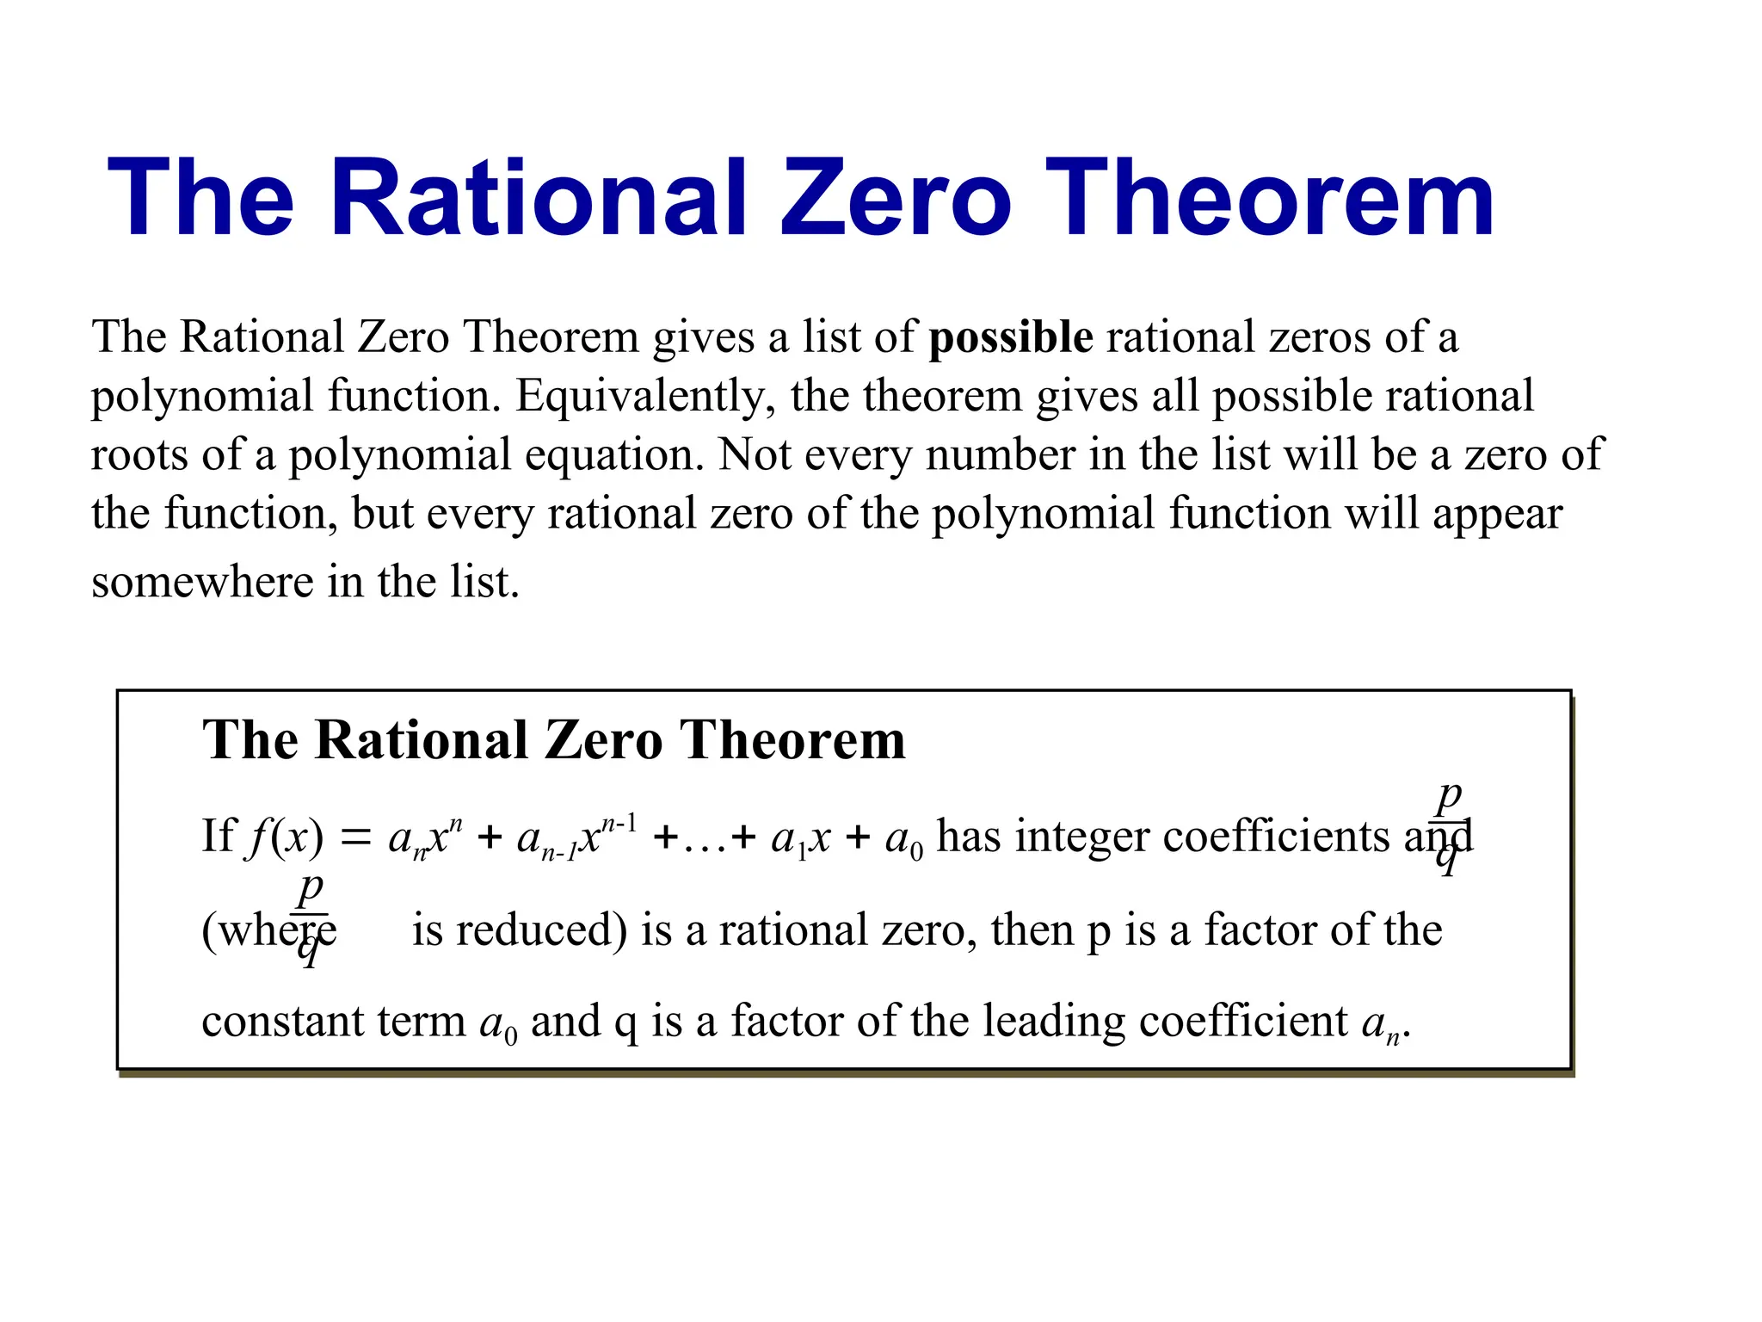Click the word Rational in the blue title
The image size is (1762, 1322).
545,198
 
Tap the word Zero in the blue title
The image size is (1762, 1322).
896,198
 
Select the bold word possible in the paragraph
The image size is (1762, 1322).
1011,338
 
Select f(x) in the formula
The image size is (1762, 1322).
285,837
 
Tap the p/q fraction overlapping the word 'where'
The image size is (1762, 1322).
311,917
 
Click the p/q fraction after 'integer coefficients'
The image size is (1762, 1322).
1450,825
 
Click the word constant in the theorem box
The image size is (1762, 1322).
274,1022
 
